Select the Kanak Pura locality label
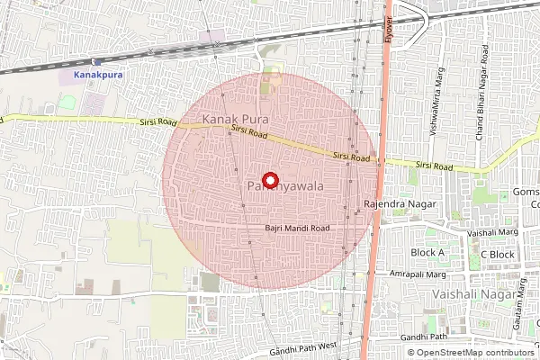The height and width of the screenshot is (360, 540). (237, 118)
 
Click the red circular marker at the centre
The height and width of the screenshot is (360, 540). (269, 178)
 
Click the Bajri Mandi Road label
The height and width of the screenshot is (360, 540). (297, 229)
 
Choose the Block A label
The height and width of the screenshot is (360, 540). (427, 253)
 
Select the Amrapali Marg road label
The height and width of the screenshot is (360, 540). (418, 274)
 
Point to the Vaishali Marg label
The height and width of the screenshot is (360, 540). (492, 232)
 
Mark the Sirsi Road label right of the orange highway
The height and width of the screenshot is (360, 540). (434, 166)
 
